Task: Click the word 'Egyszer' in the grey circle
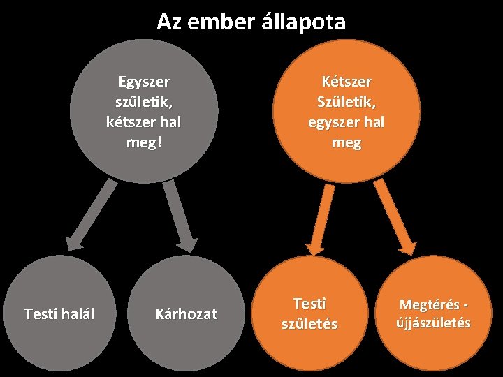coord(144,82)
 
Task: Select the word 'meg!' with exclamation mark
coord(144,142)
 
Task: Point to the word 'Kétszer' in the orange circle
coord(346,82)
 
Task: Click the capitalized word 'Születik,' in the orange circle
coord(346,102)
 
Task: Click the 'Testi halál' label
coord(59,314)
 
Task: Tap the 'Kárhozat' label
coord(186,314)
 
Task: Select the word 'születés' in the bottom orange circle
coord(309,324)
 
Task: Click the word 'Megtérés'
coord(429,304)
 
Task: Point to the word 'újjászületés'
coord(434,323)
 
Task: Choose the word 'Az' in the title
coord(168,22)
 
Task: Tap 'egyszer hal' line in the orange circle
coord(346,122)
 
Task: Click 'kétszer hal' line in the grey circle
coord(144,122)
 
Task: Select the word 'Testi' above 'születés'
coord(309,304)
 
